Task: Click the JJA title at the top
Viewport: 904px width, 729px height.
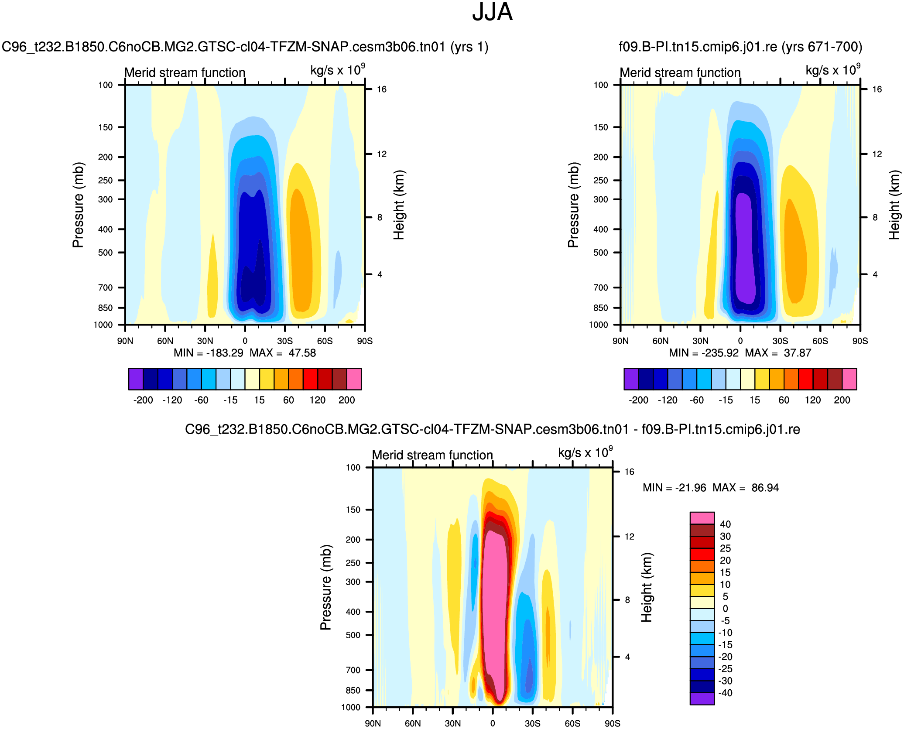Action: coord(492,12)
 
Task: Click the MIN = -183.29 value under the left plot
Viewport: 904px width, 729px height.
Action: coord(209,353)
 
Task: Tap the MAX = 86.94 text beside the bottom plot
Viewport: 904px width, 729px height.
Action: coord(746,488)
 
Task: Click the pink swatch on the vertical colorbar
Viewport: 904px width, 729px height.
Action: coord(702,518)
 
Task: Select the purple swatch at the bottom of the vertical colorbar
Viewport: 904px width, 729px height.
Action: coord(702,698)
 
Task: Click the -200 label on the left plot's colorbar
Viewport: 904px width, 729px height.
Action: coord(143,400)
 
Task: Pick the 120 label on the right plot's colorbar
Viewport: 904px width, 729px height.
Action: coord(813,400)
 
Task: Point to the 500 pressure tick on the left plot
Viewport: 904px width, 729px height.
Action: coord(105,253)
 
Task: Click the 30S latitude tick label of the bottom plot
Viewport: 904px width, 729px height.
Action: coord(533,723)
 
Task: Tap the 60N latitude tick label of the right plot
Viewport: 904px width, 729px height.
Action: coord(661,341)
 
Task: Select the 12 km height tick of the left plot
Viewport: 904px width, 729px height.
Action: coord(382,154)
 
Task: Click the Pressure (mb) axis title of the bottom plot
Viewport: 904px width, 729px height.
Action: coord(326,587)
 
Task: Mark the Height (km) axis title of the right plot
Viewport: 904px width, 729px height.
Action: coord(894,205)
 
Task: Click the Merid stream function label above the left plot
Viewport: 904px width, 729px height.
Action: coord(185,72)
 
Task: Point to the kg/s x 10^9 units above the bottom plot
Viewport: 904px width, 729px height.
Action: coord(585,452)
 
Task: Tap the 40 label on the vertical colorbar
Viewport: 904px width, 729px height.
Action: coord(725,524)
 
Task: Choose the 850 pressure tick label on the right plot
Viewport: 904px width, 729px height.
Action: coord(600,308)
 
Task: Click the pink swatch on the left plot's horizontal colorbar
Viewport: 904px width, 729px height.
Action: coord(354,379)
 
